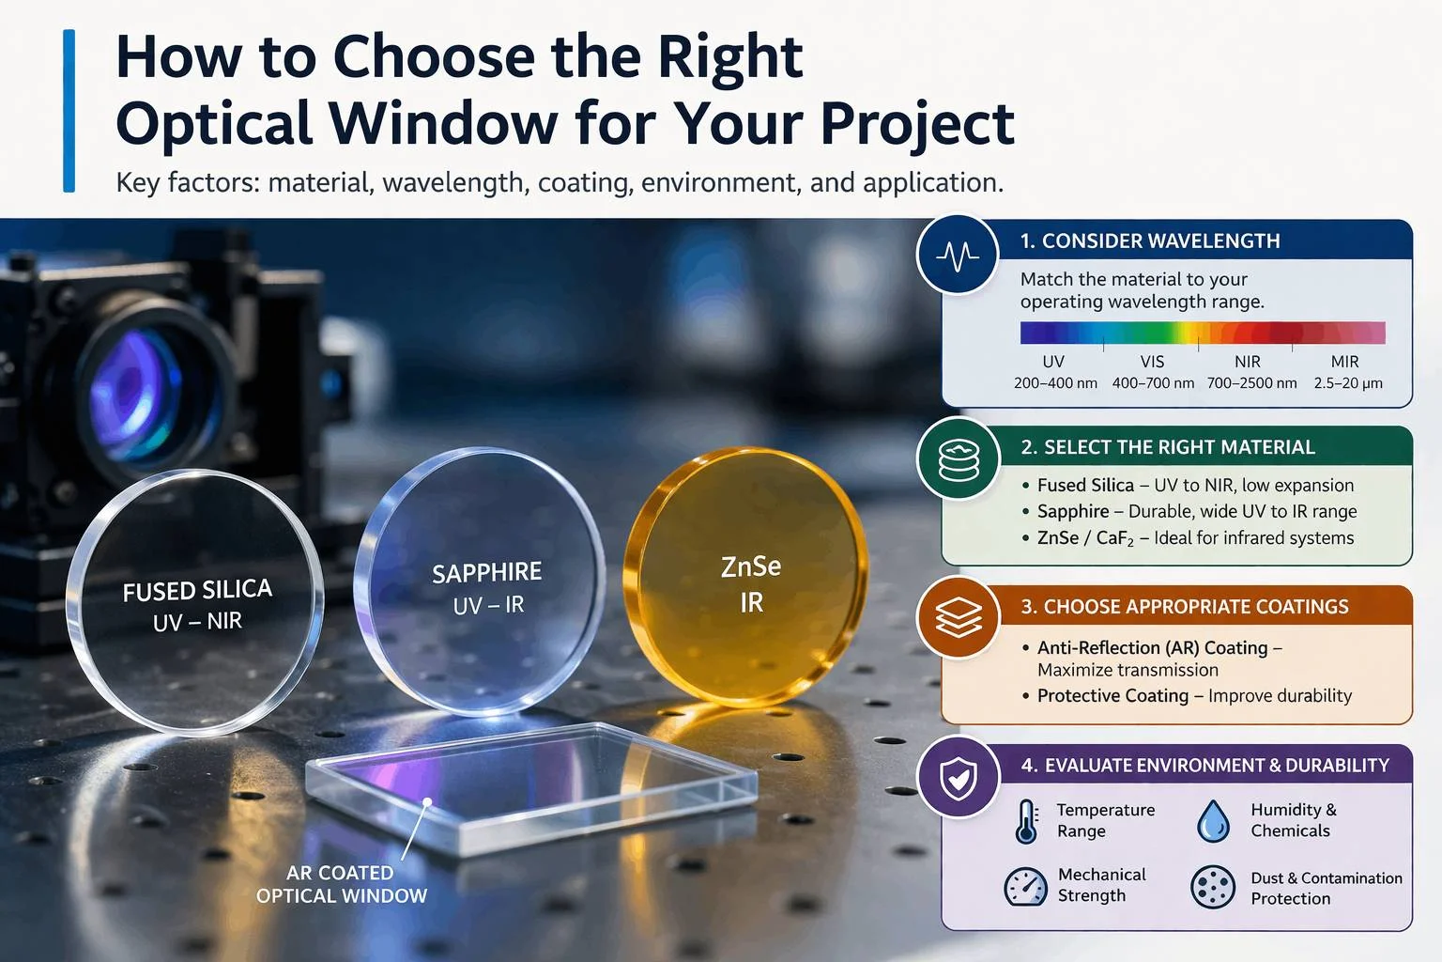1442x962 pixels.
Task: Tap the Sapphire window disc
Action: tap(480, 582)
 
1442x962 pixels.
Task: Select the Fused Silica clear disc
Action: tap(195, 602)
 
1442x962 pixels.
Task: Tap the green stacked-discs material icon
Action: tap(959, 459)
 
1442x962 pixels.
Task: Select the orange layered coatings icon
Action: tap(959, 617)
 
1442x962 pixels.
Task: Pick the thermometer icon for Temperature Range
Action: tap(1027, 821)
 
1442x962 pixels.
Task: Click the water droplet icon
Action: tap(1214, 821)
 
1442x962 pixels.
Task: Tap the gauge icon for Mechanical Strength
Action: tap(1025, 887)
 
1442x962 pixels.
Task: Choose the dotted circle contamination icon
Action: tap(1213, 887)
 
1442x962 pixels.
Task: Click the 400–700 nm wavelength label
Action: tap(1153, 383)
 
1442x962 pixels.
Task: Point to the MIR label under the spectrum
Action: tap(1344, 362)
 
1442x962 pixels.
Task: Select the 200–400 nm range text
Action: tap(1055, 383)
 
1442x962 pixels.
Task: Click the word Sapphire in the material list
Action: tap(1073, 511)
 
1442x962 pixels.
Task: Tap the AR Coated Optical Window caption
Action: tap(341, 884)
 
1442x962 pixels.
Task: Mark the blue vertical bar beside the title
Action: tap(69, 111)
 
